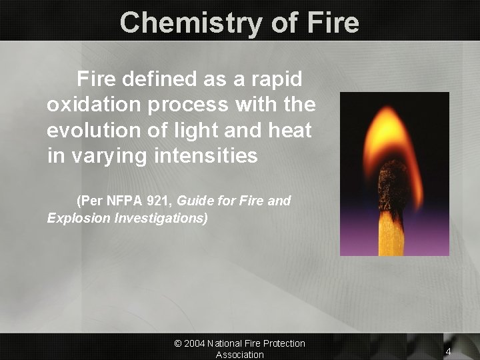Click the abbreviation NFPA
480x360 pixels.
pos(121,201)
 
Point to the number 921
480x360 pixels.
pos(159,201)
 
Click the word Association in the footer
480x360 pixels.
pos(240,355)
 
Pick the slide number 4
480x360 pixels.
pos(449,351)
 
